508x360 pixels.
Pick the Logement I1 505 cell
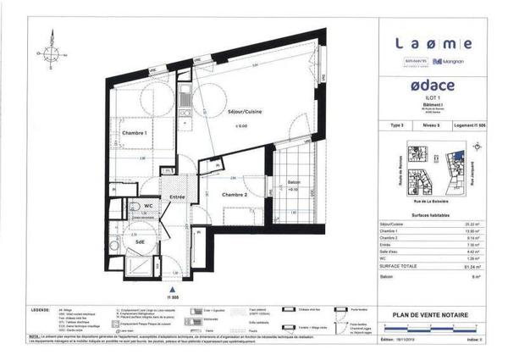tap(472, 125)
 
